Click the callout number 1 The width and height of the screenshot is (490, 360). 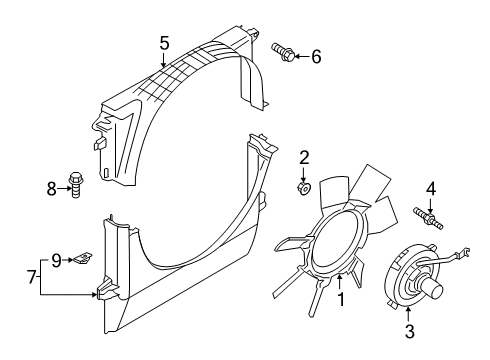pos(341,300)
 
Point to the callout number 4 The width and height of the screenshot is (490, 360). pos(430,188)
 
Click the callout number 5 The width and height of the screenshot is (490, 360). pos(164,43)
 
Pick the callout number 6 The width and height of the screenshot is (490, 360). pos(316,57)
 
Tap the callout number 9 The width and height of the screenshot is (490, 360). pos(57,260)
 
